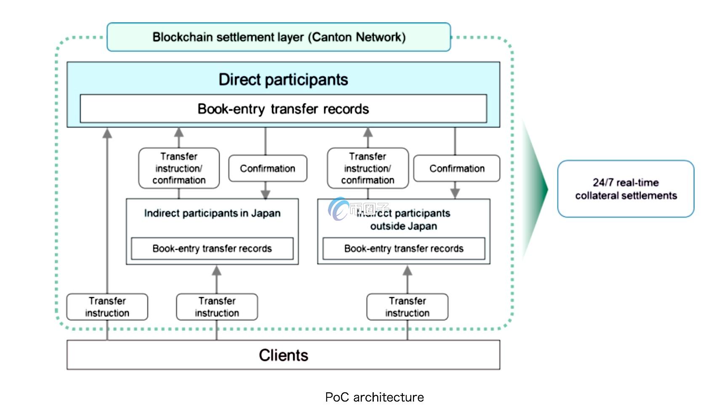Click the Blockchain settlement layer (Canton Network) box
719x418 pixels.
pos(279,37)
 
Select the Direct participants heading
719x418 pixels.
pos(283,80)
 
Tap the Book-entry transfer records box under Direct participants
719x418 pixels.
pos(283,109)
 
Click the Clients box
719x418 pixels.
pos(283,355)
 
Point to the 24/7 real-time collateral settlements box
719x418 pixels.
pos(626,189)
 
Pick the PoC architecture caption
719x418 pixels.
pos(374,397)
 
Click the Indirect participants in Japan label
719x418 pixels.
pos(212,213)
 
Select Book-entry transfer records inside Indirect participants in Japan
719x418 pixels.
pos(212,249)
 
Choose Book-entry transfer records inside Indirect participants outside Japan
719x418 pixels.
pos(404,249)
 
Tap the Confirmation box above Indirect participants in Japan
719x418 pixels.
pos(267,169)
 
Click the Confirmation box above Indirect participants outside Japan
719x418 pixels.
pos(457,169)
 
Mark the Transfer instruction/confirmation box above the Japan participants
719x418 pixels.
pos(179,168)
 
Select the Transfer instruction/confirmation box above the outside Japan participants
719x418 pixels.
pos(367,168)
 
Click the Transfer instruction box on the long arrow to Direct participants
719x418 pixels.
pos(107,307)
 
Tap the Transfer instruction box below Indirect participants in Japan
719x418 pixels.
pos(217,307)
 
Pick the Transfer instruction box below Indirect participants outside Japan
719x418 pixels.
pos(407,307)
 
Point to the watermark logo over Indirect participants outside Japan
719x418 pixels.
pos(339,209)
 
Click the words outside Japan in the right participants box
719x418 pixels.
pos(403,226)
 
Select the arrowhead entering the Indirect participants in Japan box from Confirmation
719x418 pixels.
pos(265,194)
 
